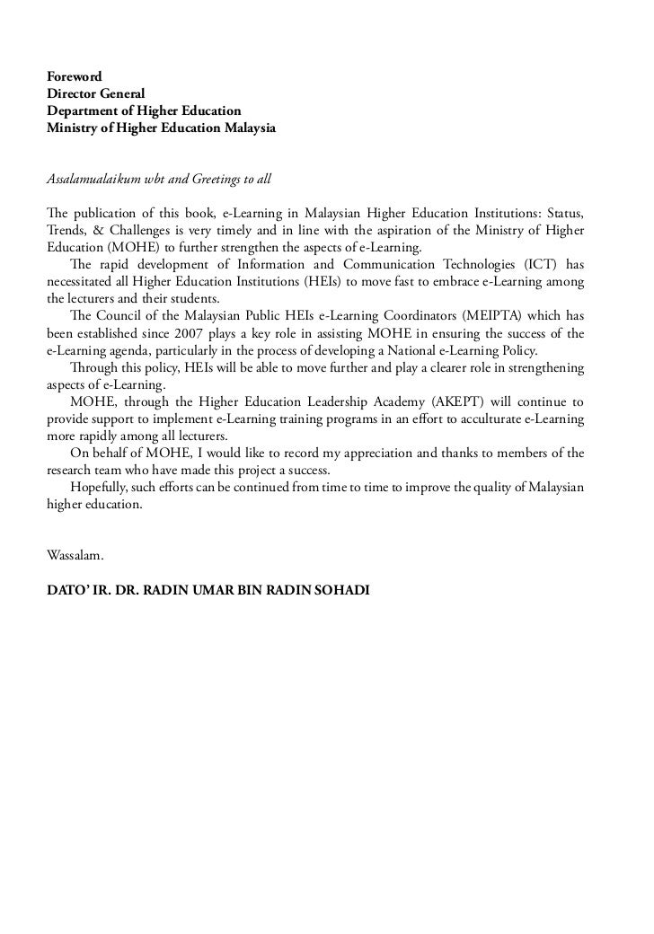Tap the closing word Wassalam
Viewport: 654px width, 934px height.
click(75, 555)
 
